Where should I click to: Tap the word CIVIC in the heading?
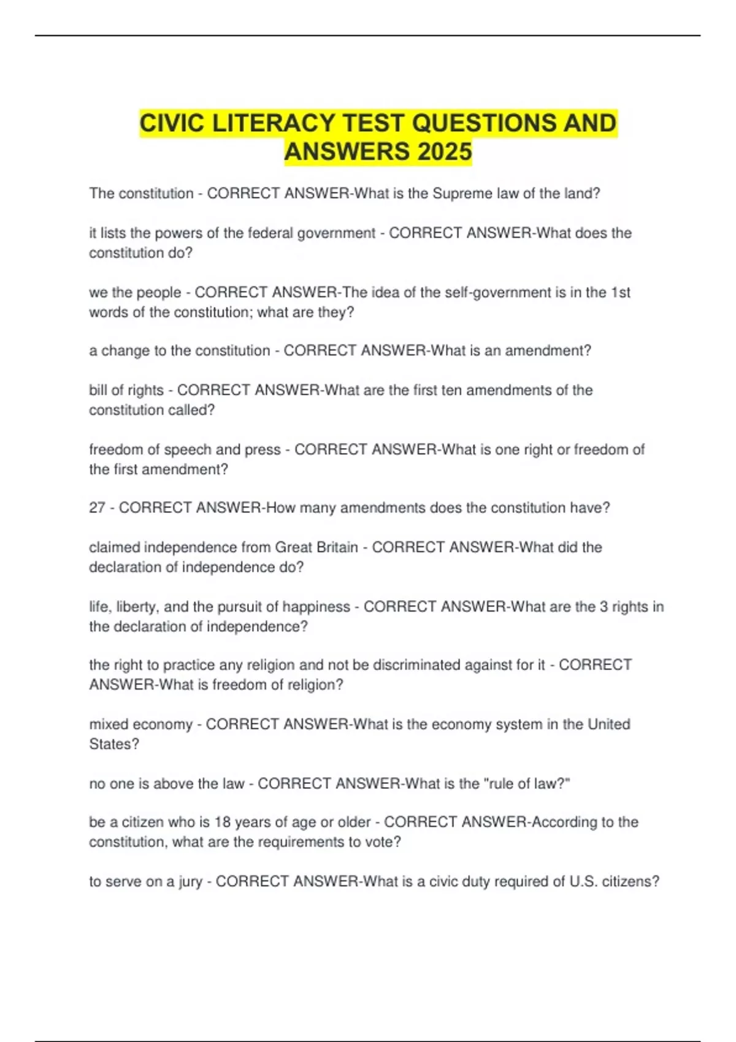click(x=172, y=123)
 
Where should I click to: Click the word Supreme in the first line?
click(x=459, y=194)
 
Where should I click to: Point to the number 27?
click(x=97, y=508)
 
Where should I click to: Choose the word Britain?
click(x=335, y=547)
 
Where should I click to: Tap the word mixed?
click(x=109, y=724)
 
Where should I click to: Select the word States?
click(x=114, y=744)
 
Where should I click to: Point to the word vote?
click(x=383, y=842)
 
